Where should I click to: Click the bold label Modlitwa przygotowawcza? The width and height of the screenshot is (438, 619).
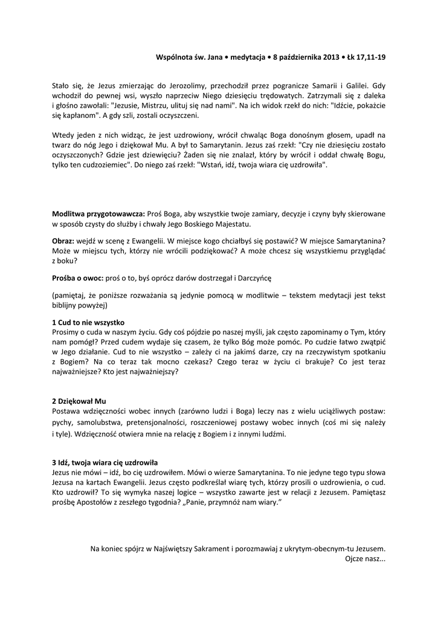click(x=98, y=214)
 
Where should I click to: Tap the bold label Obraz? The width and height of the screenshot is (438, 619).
click(x=63, y=241)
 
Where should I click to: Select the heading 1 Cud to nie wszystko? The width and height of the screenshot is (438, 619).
click(x=88, y=323)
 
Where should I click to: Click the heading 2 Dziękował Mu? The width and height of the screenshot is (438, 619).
click(x=79, y=401)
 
